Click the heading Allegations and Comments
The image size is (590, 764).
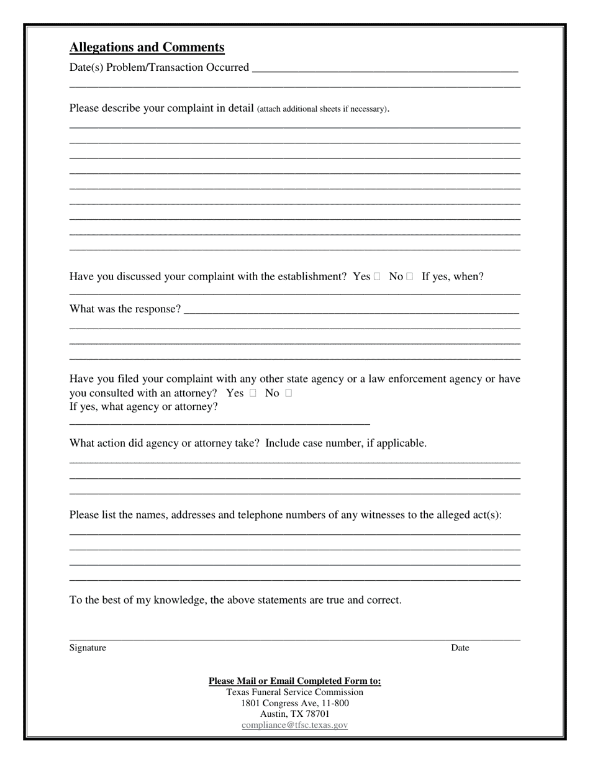point(147,47)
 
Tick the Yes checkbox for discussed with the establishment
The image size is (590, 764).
point(377,277)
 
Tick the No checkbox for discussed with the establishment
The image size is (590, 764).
point(410,277)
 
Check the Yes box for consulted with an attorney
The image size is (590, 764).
point(253,393)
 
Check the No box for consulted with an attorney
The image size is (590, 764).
point(289,393)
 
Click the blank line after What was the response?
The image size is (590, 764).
point(351,309)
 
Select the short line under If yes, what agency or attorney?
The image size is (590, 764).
point(219,423)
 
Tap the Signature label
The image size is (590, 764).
point(88,648)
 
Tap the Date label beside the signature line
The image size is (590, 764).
point(460,648)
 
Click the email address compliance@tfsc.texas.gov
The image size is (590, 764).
point(294,725)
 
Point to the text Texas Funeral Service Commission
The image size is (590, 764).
point(294,692)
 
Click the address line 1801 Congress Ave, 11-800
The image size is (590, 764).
point(294,703)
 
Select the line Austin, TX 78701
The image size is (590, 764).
point(294,714)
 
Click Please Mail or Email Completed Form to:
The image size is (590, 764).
point(294,681)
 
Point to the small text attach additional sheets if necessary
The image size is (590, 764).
point(322,109)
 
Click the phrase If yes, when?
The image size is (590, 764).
point(452,276)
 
